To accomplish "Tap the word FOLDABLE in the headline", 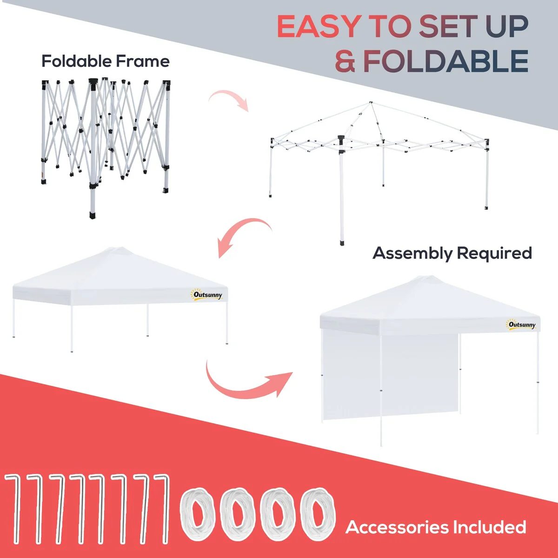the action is (446, 61).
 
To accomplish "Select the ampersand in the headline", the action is (345, 61).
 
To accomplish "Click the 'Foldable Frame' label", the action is (106, 61).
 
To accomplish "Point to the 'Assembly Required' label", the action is (452, 253).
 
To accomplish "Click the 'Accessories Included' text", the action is (436, 527).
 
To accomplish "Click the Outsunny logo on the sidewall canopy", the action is (521, 324).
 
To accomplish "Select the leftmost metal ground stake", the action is (13, 509).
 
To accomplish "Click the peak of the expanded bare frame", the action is (371, 102).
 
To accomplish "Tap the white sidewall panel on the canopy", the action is (391, 377).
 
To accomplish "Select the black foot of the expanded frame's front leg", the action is (342, 242).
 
